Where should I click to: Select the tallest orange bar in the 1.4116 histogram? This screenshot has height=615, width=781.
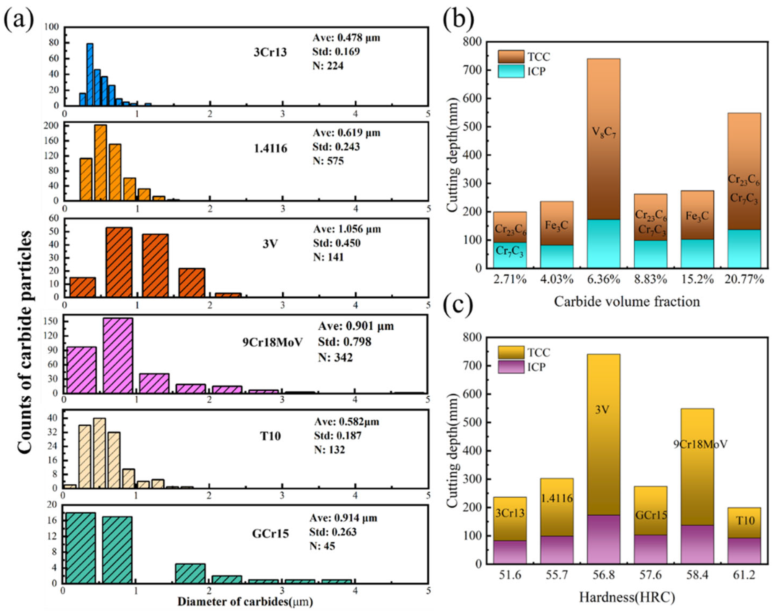[101, 163]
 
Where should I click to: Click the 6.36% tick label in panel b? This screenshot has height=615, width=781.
[604, 279]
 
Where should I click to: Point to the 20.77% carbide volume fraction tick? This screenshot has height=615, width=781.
[744, 279]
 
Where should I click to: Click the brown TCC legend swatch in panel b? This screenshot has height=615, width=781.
[511, 56]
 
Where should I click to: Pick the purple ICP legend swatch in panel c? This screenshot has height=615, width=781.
[511, 367]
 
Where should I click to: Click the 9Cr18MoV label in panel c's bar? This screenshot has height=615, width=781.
[700, 444]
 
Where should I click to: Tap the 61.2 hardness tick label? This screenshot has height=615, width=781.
[744, 575]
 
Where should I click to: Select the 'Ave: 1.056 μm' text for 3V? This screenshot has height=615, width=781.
[347, 229]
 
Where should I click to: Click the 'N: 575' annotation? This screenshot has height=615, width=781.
[328, 161]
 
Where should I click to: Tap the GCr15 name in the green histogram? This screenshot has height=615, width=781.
[270, 533]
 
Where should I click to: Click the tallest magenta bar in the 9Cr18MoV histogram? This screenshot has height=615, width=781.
[118, 356]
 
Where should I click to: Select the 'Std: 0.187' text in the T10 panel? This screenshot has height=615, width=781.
[337, 436]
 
